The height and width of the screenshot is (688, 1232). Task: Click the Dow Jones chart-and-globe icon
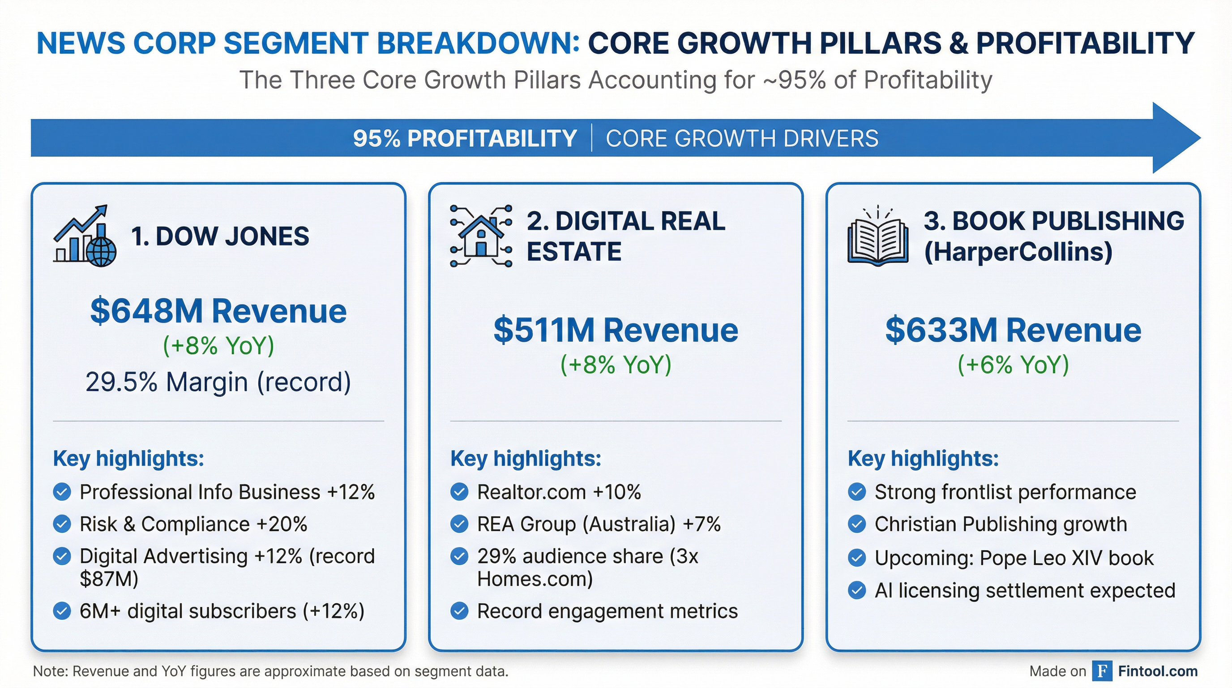coord(85,236)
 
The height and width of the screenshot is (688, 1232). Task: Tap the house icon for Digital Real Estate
coord(481,236)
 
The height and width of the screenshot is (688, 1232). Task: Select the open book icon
coord(877,237)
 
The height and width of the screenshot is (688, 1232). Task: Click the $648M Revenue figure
coord(218,311)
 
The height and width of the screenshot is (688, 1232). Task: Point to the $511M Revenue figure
coord(616,331)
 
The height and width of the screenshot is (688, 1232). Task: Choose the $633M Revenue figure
coord(1013,331)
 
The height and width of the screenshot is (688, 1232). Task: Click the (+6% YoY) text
coord(1013,365)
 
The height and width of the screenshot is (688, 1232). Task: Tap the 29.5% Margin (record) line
coord(218,382)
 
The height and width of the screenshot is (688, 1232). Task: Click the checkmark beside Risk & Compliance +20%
coord(62,524)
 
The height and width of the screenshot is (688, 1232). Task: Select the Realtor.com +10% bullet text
coord(559,492)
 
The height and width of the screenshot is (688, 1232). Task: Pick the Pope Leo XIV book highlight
coord(1014,558)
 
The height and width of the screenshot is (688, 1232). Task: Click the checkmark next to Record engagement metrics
coord(459,611)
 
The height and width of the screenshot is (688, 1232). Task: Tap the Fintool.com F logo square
coord(1102,671)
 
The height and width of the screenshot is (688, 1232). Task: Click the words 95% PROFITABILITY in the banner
coord(464,139)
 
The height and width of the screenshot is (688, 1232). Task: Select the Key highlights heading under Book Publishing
coord(923,458)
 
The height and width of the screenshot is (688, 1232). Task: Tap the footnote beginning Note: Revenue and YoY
coord(270,671)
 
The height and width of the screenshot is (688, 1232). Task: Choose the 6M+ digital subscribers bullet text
coord(222,611)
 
